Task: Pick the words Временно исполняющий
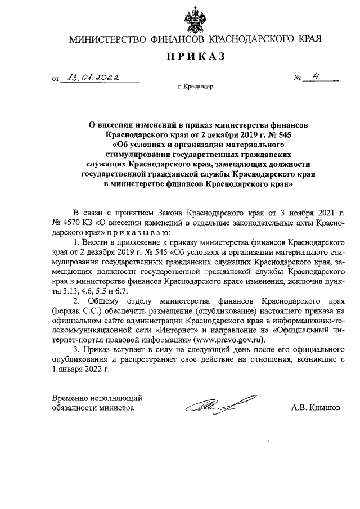click(x=97, y=398)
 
